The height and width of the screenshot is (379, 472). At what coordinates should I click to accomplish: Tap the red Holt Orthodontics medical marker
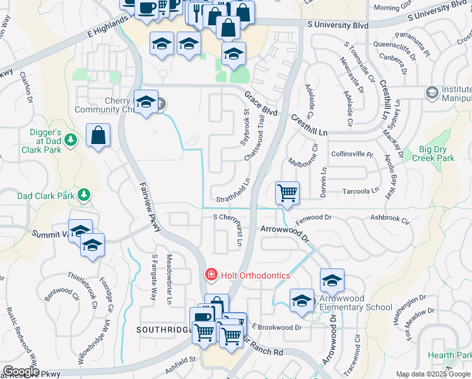[210, 275]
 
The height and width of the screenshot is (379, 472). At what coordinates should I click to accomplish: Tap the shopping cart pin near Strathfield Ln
[287, 192]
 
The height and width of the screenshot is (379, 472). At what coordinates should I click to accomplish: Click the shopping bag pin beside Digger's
[98, 135]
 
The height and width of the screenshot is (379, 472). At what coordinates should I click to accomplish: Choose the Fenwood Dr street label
[314, 217]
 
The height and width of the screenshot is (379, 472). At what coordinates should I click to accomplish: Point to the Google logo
[20, 371]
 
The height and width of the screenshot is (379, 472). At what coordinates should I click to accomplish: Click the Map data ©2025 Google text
[433, 374]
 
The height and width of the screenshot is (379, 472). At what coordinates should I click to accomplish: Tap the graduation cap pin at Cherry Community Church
[146, 102]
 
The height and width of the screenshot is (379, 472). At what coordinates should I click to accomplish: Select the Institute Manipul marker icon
[432, 93]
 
